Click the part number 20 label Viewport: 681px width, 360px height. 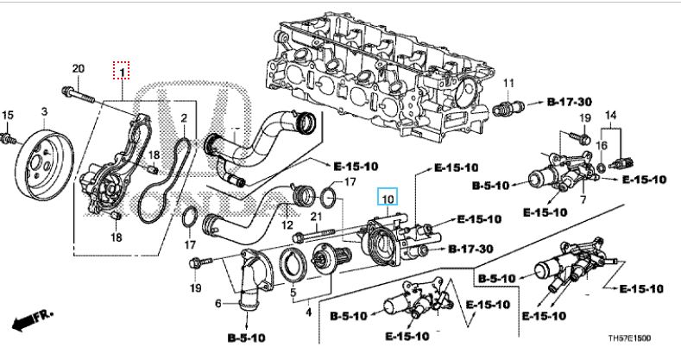pyautogui.click(x=78, y=68)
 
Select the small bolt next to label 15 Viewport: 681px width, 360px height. pyautogui.click(x=8, y=138)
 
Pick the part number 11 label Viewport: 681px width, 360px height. pyautogui.click(x=508, y=83)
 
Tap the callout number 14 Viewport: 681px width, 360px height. pyautogui.click(x=611, y=115)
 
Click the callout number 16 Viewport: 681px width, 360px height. pyautogui.click(x=602, y=144)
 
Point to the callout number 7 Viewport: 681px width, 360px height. pyautogui.click(x=583, y=200)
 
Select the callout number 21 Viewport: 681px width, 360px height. pyautogui.click(x=316, y=215)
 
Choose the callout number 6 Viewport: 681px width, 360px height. pyautogui.click(x=218, y=302)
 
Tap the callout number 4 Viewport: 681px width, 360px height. pyautogui.click(x=307, y=313)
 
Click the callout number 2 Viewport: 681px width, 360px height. pyautogui.click(x=183, y=117)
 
